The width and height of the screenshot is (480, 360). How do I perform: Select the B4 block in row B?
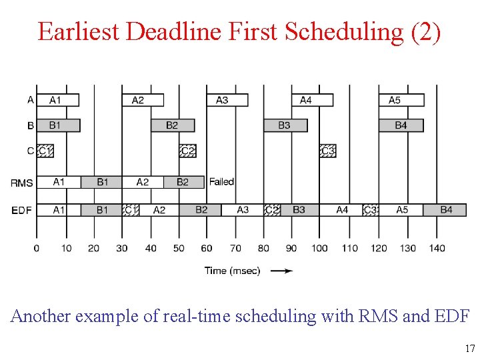[401, 125]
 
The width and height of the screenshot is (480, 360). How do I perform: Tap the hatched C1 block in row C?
[45, 151]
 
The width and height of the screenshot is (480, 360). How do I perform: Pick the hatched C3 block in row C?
[327, 151]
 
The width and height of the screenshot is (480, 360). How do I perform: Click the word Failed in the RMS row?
[221, 182]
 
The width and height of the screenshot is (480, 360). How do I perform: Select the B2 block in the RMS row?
[183, 182]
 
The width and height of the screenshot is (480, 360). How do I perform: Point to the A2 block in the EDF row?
[159, 210]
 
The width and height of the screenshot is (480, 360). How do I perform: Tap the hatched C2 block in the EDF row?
[271, 210]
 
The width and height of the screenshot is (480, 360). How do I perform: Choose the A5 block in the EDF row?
[402, 210]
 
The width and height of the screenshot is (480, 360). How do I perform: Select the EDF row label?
[21, 211]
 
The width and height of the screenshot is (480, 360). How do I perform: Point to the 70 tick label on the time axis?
[235, 249]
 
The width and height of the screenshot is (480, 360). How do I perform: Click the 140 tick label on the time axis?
[437, 249]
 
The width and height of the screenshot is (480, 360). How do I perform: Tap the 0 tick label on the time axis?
[37, 249]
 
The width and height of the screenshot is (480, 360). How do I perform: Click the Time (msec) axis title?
[233, 271]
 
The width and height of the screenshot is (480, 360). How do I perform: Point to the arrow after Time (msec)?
[283, 271]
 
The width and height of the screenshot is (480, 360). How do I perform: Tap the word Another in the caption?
[41, 316]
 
